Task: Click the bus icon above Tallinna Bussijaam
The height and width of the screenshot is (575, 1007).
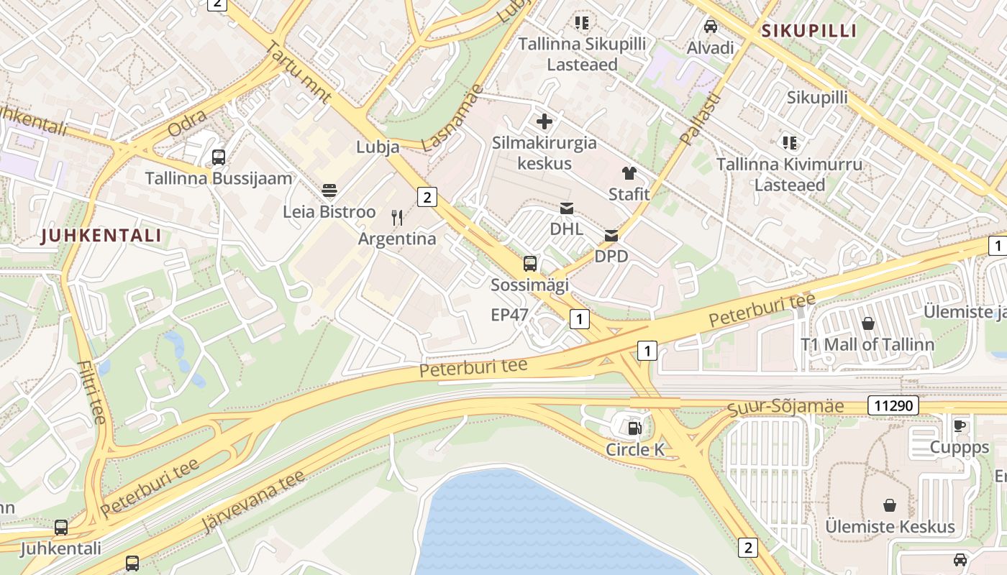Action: (x=219, y=157)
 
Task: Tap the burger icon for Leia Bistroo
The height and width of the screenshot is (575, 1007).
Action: (x=329, y=190)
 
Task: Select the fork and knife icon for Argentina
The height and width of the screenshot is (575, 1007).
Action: (x=397, y=217)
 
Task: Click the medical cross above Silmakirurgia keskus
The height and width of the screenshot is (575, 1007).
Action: (x=544, y=121)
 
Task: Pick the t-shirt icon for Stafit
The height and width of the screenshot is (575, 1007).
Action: (x=629, y=172)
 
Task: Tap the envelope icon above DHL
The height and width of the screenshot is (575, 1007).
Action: (x=567, y=208)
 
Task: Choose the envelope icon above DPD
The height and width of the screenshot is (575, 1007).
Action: (x=611, y=235)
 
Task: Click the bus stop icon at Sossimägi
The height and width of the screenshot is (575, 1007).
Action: (x=530, y=263)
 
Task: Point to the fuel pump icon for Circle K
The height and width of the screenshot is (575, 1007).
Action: (x=634, y=428)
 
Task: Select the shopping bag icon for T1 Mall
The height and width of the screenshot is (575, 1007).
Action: (x=868, y=323)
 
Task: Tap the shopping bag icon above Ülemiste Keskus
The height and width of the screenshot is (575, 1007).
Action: (x=890, y=505)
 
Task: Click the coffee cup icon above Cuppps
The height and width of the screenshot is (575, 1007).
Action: (x=960, y=425)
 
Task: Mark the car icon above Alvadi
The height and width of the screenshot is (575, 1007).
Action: (x=711, y=27)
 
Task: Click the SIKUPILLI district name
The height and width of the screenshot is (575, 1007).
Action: (x=809, y=31)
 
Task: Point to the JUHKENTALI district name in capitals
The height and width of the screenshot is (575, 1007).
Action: (x=101, y=235)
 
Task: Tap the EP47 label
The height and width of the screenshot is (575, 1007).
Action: (x=509, y=314)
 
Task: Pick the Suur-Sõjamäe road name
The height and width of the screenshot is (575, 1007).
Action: (x=785, y=408)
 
